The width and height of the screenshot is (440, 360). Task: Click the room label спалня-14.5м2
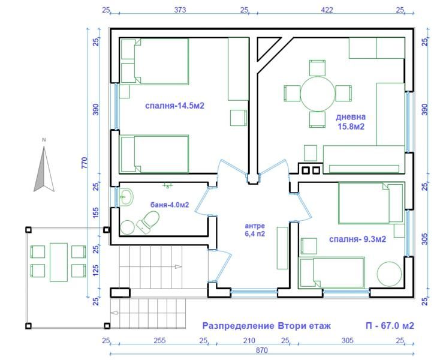pos(174,106)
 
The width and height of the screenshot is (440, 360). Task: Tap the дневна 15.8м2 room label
pos(351,122)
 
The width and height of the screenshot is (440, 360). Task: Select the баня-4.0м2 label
pos(170,205)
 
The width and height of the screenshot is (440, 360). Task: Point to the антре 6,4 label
pos(255,230)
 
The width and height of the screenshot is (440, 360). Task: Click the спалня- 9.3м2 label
pos(357,239)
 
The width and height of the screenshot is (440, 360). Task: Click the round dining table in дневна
pos(318,94)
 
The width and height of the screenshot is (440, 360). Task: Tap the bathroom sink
pos(126,197)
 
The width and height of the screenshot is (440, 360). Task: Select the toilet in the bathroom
pos(148,222)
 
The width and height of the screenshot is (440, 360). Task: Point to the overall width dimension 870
pos(262,350)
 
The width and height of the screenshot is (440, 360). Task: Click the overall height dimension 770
pos(84,163)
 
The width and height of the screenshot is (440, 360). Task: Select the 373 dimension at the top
pos(180,10)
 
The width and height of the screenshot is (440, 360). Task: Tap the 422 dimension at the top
pos(327,10)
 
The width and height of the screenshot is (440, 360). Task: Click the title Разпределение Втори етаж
pos(267,326)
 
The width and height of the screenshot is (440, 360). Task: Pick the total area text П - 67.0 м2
pos(390,326)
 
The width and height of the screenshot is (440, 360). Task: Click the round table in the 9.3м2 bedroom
pos(389,274)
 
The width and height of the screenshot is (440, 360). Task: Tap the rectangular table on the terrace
pos(59,262)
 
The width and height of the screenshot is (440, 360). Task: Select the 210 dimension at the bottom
pos(249,341)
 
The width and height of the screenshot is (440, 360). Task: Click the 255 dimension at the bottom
pos(159,341)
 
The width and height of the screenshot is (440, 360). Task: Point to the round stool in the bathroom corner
pos(128,227)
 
